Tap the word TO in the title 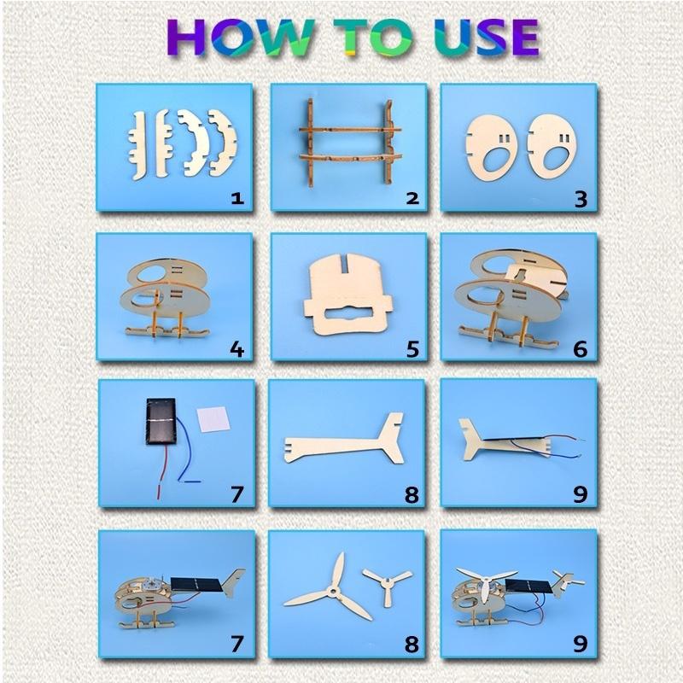coord(371,38)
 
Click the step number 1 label coord(237,199)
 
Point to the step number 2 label coord(412,199)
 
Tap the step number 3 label coord(581,199)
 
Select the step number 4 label coord(237,349)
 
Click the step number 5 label coord(412,349)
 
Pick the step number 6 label coord(581,349)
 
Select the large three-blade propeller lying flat coord(328,589)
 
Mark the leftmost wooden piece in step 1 coord(139,146)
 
